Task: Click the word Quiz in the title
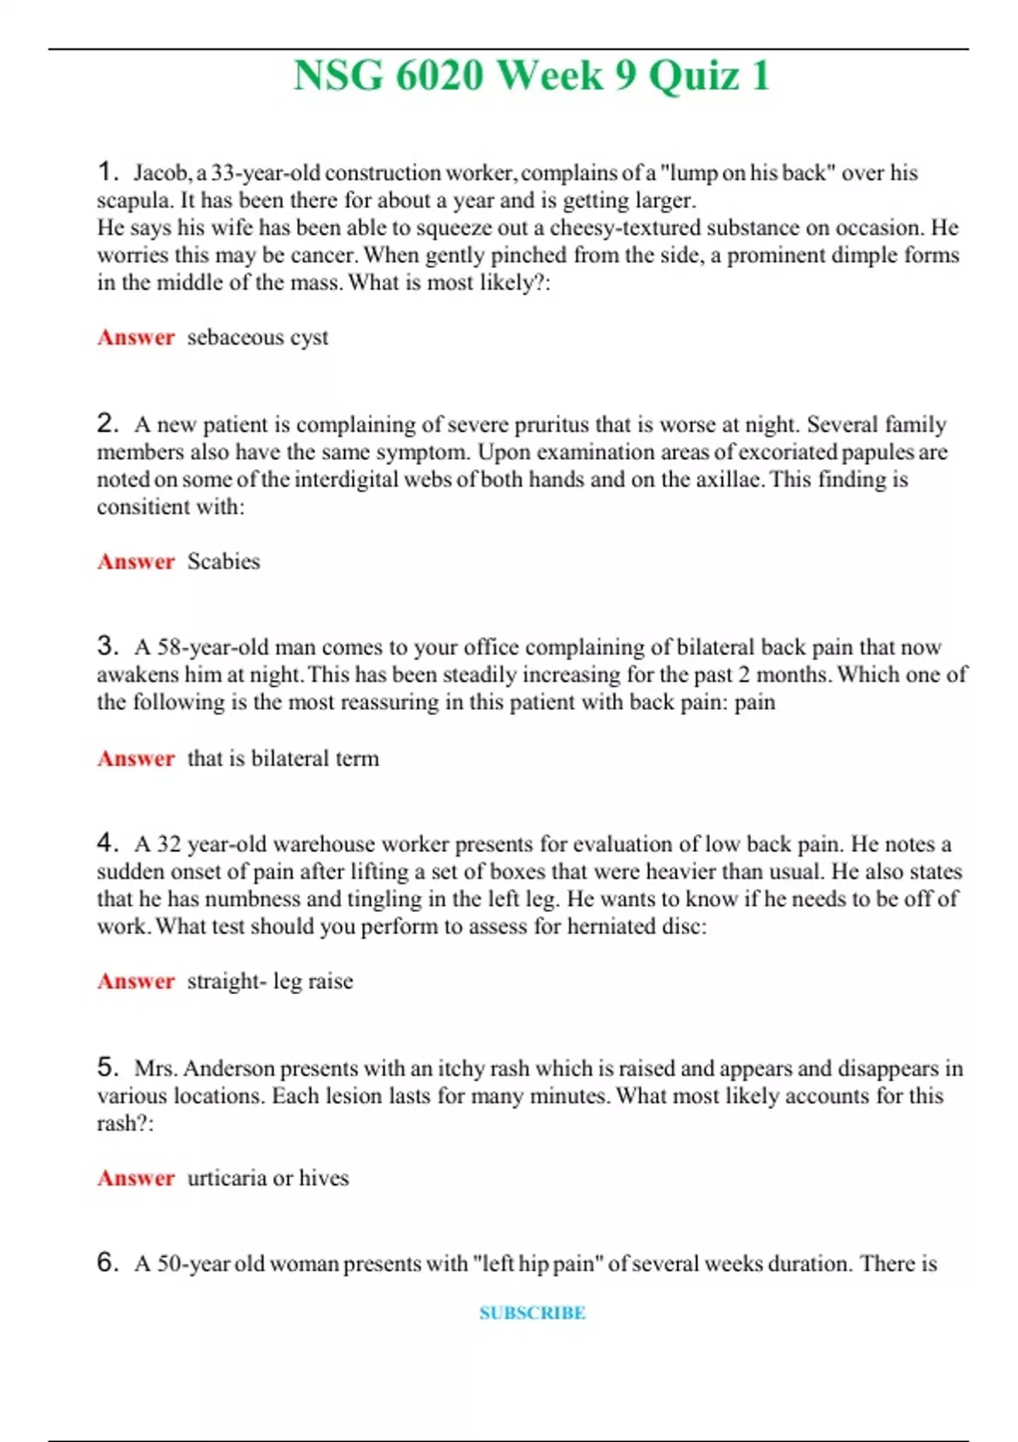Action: pos(693,76)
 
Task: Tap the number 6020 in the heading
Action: pos(439,76)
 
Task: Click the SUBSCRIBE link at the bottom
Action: pos(532,1313)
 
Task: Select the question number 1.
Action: pos(107,172)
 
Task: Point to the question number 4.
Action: pos(107,843)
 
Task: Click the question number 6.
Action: pos(107,1263)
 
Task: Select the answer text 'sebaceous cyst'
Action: pos(257,338)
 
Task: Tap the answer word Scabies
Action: pos(223,562)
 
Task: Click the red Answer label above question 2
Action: pos(136,338)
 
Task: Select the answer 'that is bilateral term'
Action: pos(282,758)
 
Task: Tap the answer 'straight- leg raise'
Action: pos(270,981)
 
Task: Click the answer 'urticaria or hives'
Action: pos(267,1178)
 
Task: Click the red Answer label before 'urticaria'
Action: pos(136,1178)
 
